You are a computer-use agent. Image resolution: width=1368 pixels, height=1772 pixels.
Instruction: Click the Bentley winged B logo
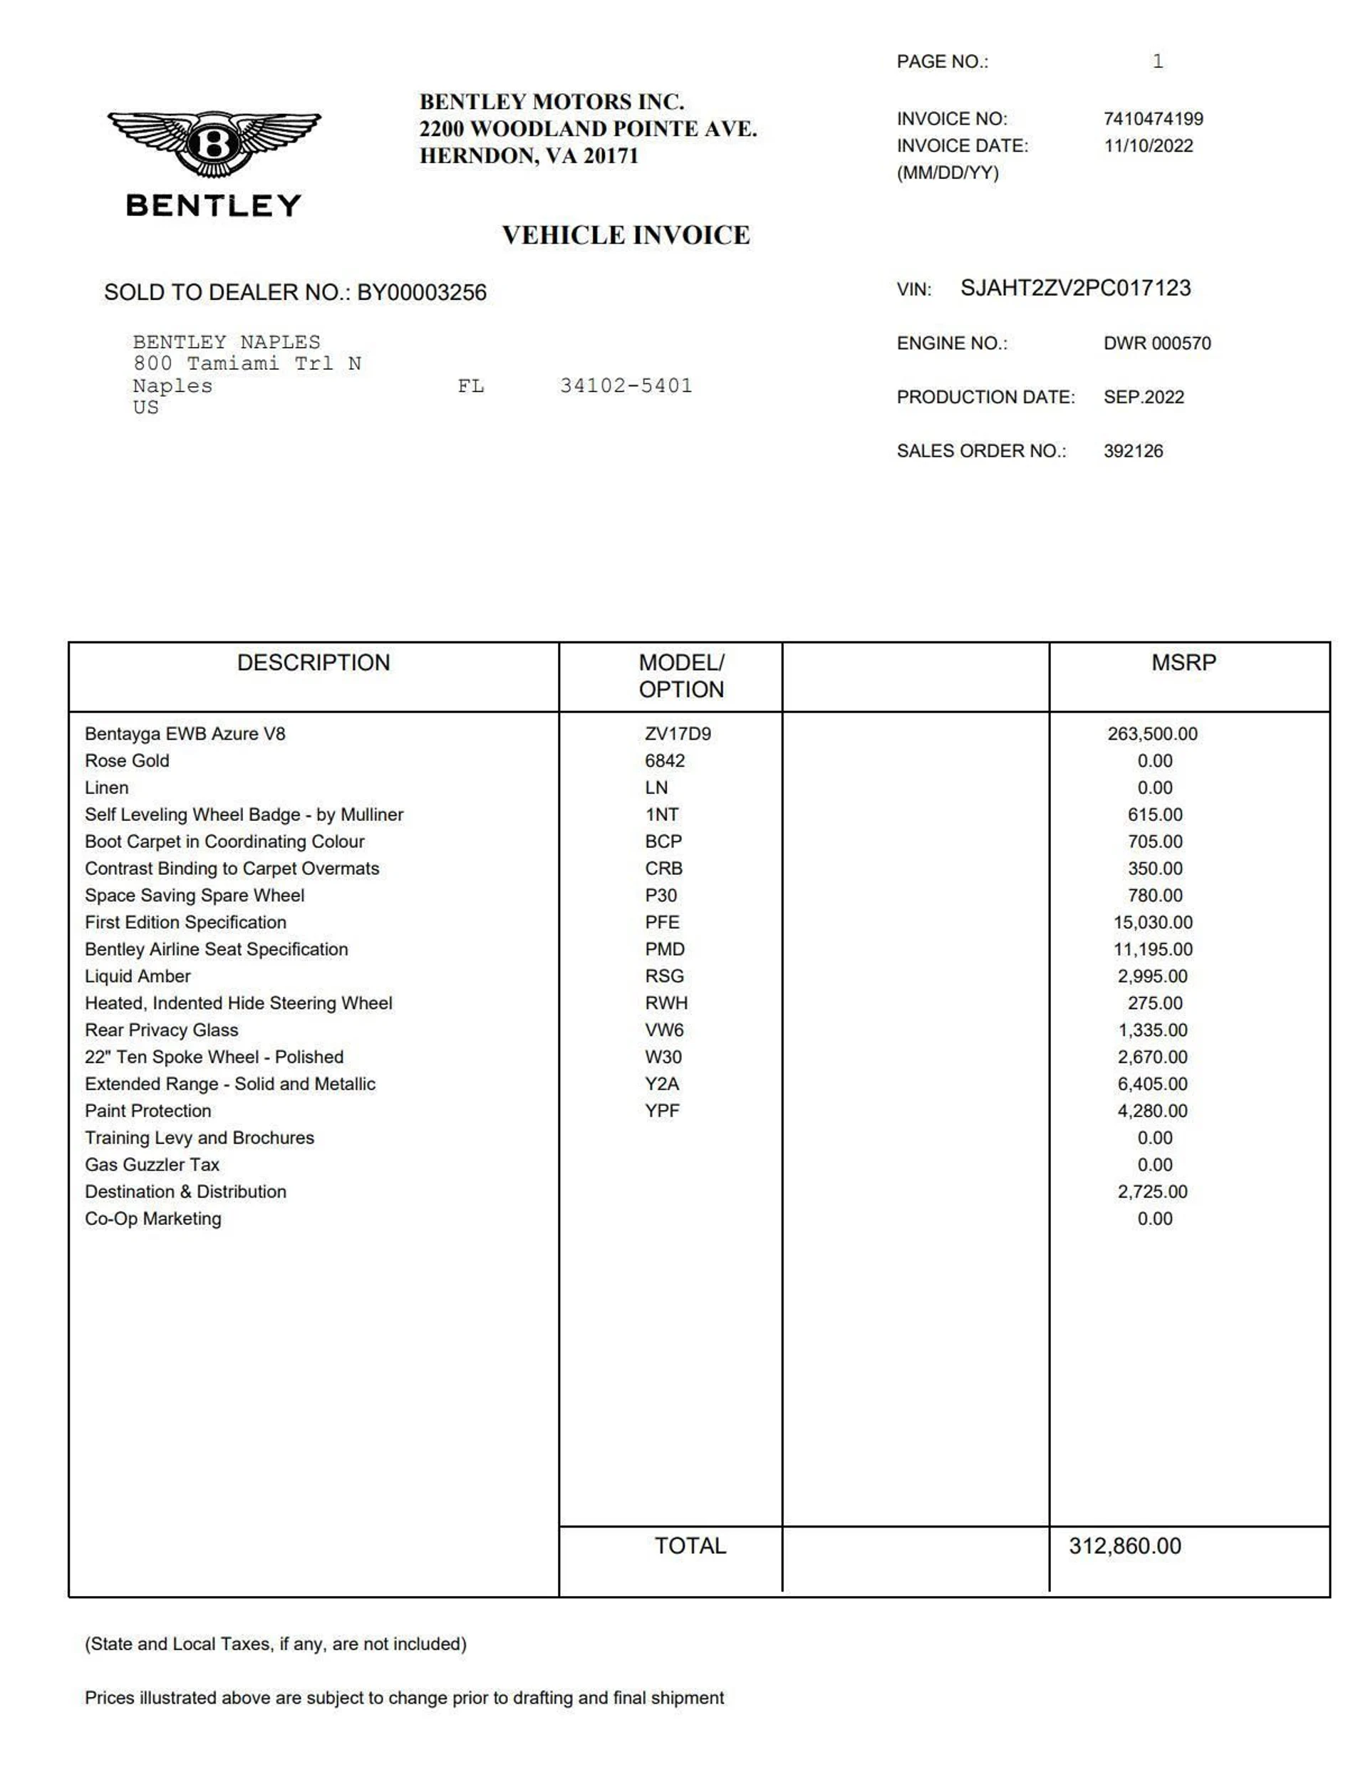click(214, 145)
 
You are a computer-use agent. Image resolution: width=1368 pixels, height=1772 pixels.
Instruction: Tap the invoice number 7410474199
click(1152, 118)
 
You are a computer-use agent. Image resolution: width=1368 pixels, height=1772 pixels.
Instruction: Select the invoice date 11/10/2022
click(1147, 146)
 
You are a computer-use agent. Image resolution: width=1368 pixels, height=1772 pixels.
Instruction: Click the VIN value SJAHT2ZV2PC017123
click(1075, 288)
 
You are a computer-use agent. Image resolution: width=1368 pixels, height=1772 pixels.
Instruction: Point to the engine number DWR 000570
click(1156, 343)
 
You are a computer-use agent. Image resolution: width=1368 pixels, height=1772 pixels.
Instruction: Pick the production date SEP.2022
click(1144, 397)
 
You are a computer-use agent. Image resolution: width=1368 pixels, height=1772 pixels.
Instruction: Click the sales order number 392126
click(1133, 451)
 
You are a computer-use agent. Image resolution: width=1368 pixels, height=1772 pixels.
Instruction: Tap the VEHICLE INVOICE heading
click(626, 235)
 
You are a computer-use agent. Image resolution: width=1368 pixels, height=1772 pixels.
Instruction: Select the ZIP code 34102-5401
click(626, 385)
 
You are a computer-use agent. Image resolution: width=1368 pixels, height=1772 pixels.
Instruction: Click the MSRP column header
click(1183, 663)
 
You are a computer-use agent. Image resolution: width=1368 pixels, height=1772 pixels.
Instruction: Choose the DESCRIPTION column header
click(313, 663)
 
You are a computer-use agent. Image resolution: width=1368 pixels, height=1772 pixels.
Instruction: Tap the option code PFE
click(662, 923)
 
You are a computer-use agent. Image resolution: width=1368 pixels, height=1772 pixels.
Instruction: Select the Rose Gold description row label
click(128, 761)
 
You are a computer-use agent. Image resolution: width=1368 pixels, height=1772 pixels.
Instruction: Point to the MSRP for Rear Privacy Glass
click(1152, 1030)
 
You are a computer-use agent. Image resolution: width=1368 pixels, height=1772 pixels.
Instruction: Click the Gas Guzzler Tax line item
click(152, 1165)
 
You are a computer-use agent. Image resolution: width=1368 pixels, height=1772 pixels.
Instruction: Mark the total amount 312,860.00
click(1124, 1546)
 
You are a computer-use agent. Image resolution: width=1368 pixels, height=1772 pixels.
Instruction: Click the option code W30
click(663, 1057)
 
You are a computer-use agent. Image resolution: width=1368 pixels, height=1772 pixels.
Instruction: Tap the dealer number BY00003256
click(422, 293)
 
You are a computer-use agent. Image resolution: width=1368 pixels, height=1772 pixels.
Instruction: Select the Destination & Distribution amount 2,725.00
click(1152, 1192)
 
